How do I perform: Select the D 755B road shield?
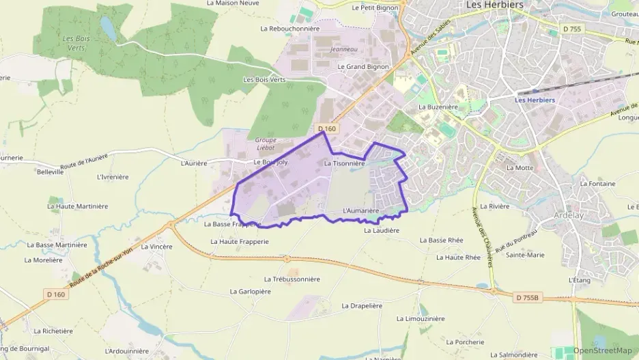pyautogui.click(x=527, y=297)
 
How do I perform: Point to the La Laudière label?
pyautogui.click(x=381, y=231)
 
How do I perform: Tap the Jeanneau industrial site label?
pyautogui.click(x=343, y=49)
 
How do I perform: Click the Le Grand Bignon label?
pyautogui.click(x=363, y=67)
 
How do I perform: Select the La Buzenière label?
pyautogui.click(x=438, y=107)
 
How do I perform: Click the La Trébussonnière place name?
pyautogui.click(x=292, y=279)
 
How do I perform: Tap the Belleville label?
pyautogui.click(x=51, y=172)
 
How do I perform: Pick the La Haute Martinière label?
pyautogui.click(x=78, y=206)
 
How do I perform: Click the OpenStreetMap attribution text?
pyautogui.click(x=603, y=350)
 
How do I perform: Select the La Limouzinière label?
pyautogui.click(x=421, y=318)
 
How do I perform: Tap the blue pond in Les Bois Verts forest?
pyautogui.click(x=108, y=27)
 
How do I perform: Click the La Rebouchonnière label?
pyautogui.click(x=290, y=29)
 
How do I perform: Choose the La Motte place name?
pyautogui.click(x=520, y=167)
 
